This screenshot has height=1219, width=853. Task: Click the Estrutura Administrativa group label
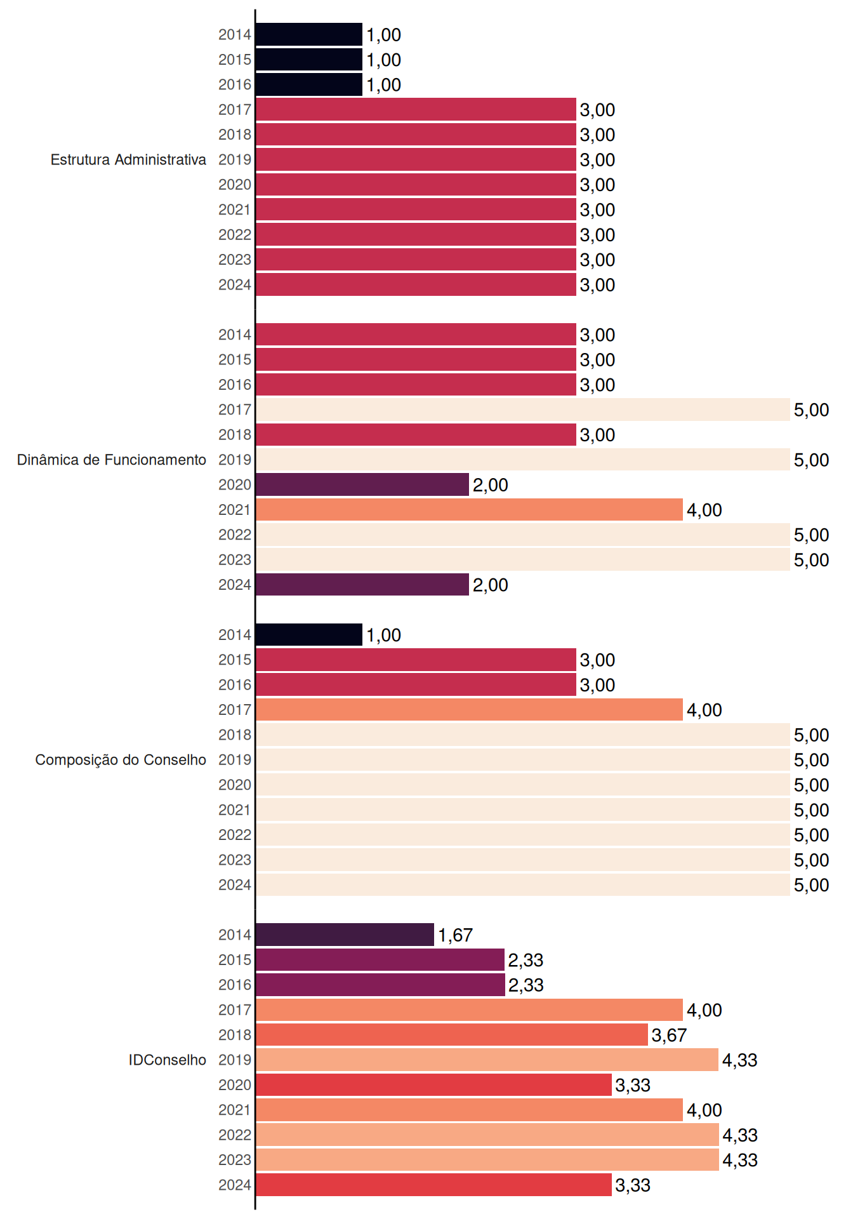[128, 159]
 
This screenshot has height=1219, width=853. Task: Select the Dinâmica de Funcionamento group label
[112, 460]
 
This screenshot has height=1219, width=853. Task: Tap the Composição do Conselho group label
[121, 760]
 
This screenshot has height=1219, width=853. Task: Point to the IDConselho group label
[168, 1060]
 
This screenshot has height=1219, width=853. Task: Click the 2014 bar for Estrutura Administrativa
[309, 34]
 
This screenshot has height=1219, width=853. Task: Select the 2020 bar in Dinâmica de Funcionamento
[362, 484]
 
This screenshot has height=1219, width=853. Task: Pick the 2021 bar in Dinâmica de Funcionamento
[470, 510]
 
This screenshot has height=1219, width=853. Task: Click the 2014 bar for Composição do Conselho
[309, 635]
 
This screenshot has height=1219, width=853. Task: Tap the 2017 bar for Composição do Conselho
[470, 710]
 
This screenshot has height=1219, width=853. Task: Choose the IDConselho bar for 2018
[452, 1035]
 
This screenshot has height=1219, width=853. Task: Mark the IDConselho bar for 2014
[345, 935]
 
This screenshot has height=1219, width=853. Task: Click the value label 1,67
[455, 935]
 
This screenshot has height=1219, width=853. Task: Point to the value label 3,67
[669, 1036]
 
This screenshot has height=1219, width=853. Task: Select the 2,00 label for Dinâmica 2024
[490, 585]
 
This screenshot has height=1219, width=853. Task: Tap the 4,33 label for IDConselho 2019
[740, 1060]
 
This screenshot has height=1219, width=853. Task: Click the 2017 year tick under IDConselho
[235, 1010]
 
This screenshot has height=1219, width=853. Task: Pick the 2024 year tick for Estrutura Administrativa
[235, 285]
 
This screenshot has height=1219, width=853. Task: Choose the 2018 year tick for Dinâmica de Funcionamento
[235, 435]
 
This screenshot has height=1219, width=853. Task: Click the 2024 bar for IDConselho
[434, 1185]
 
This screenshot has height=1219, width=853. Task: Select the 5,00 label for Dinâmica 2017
[811, 410]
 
